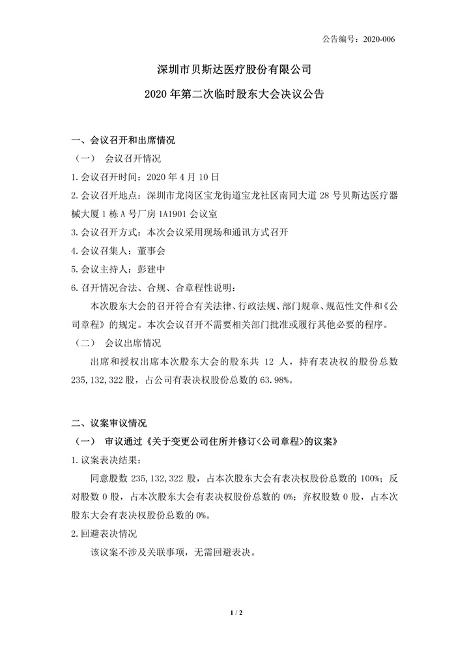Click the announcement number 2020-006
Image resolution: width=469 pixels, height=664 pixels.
[377, 38]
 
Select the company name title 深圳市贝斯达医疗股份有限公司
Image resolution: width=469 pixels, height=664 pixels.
[234, 68]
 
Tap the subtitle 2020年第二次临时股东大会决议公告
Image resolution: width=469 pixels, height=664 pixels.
[234, 94]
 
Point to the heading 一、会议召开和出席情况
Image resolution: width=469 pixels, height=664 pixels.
[123, 140]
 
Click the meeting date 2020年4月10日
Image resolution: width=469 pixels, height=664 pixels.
[184, 176]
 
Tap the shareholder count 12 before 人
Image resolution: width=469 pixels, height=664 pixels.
[274, 361]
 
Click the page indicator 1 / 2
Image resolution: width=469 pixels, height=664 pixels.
[234, 614]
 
